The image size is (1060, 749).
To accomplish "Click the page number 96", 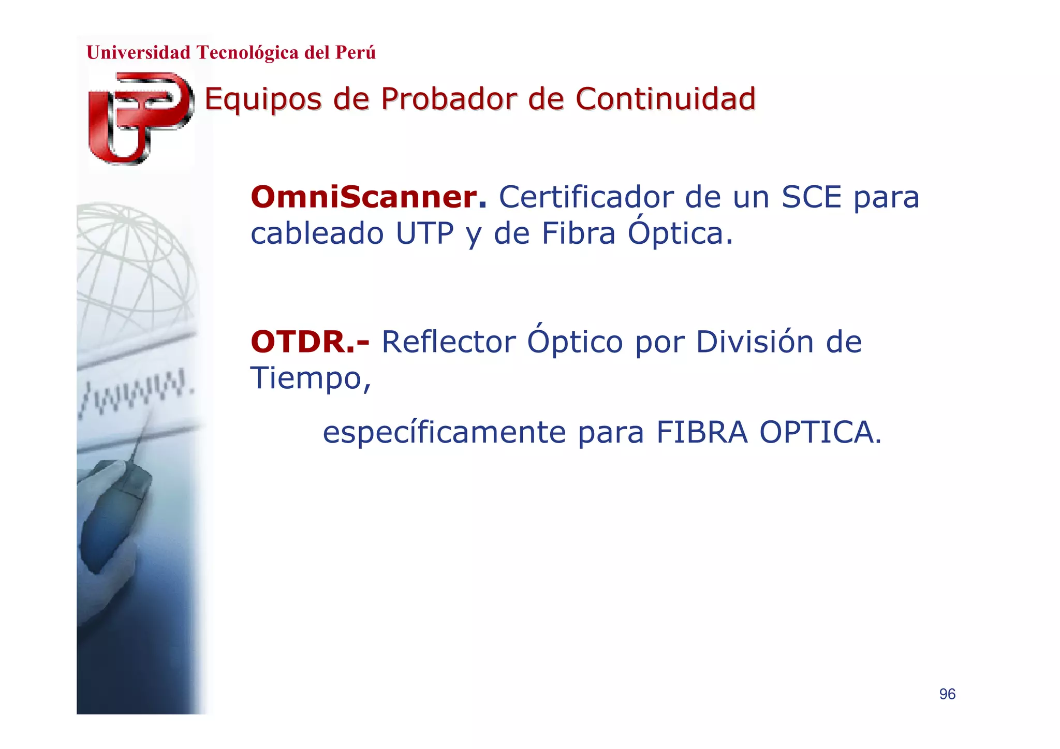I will coord(947,694).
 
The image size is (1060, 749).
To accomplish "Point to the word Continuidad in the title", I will coord(665,99).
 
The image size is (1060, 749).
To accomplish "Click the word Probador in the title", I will coord(448,99).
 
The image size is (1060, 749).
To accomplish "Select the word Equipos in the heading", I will coord(263,100).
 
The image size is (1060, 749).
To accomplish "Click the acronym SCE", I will coord(811,197).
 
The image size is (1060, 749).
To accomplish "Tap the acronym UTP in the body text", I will coord(424,233).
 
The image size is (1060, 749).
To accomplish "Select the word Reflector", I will coord(448,342).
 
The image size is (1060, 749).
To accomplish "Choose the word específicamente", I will coord(444,433).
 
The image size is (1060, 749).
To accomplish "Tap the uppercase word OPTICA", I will coord(820,433).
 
